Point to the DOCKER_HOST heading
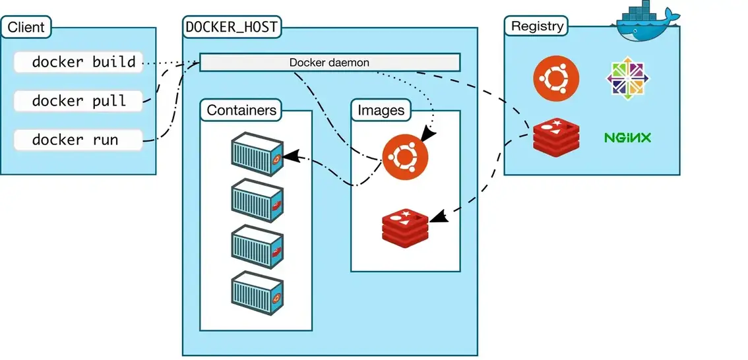231,28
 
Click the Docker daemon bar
329,63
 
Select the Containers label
241,110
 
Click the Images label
381,110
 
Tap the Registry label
538,26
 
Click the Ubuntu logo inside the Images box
404,156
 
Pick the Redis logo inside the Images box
404,226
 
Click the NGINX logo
627,138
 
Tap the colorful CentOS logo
628,78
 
